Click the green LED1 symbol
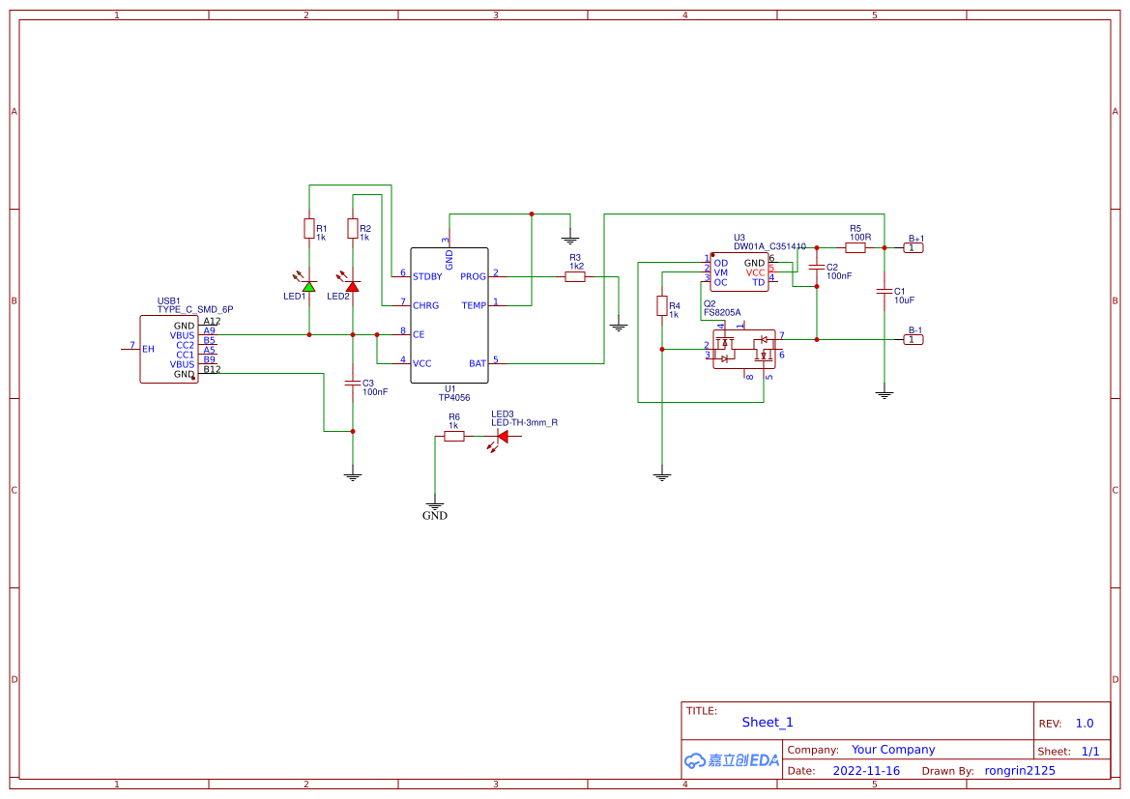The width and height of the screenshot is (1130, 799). point(308,286)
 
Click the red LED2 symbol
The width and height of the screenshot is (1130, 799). point(353,286)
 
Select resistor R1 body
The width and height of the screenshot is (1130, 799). point(308,229)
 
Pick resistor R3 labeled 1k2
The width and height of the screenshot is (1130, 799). point(575,276)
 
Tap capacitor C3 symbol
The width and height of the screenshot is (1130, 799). point(353,384)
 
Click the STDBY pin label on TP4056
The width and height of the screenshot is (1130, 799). point(427,276)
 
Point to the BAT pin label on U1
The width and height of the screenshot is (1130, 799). point(478,363)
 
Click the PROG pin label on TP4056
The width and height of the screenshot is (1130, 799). point(474,276)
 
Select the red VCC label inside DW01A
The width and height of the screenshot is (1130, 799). point(755,272)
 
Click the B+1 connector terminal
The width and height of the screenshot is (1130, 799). point(913,248)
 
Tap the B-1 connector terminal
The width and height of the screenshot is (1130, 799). point(913,339)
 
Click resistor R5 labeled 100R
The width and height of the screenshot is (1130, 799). point(855,247)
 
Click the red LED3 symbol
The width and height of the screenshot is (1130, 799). point(502,437)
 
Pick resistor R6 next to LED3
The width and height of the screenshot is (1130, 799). point(454,437)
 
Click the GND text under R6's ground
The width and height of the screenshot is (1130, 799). point(435,516)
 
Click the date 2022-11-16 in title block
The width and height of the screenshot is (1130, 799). point(866,771)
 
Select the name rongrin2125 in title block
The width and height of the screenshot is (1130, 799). point(1020,771)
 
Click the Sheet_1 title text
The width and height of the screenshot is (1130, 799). point(768,722)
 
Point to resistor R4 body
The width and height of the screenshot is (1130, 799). point(662,306)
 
